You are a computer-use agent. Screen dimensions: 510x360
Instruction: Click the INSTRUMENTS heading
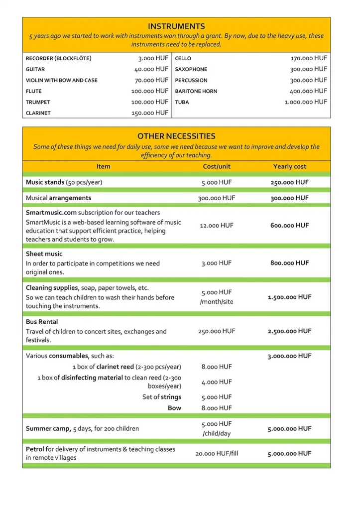pyautogui.click(x=176, y=26)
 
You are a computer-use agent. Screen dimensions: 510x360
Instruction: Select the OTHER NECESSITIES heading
pyautogui.click(x=176, y=136)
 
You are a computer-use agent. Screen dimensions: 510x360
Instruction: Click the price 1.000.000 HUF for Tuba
pyautogui.click(x=306, y=102)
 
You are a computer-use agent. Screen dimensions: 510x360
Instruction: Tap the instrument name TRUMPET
pyautogui.click(x=38, y=102)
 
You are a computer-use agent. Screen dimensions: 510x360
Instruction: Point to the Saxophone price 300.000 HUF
pyautogui.click(x=308, y=69)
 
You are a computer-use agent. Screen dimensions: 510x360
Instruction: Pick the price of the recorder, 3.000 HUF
pyautogui.click(x=153, y=58)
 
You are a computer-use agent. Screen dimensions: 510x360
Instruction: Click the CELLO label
pyautogui.click(x=183, y=58)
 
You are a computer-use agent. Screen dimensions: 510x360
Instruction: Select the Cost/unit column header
pyautogui.click(x=217, y=166)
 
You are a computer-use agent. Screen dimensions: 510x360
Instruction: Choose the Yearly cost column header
pyautogui.click(x=290, y=166)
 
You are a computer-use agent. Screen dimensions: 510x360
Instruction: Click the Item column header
pyautogui.click(x=104, y=166)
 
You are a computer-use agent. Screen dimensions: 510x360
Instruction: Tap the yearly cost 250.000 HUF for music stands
pyautogui.click(x=289, y=182)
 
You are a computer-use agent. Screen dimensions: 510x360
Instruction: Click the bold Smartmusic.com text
pyautogui.click(x=51, y=213)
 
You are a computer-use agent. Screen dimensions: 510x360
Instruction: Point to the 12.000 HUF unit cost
pyautogui.click(x=217, y=226)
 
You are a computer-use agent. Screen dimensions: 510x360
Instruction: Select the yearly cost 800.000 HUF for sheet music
pyautogui.click(x=289, y=263)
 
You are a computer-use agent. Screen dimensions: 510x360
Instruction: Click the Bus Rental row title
pyautogui.click(x=42, y=322)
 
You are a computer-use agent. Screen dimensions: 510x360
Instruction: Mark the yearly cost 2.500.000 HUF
pyautogui.click(x=289, y=331)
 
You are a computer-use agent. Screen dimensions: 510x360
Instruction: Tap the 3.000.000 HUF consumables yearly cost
pyautogui.click(x=289, y=356)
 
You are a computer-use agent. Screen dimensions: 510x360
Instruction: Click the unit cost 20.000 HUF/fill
pyautogui.click(x=217, y=454)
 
